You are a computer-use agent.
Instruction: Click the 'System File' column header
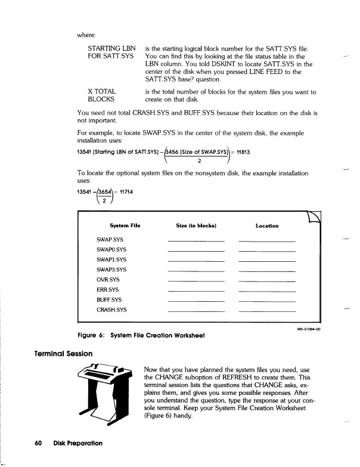125,225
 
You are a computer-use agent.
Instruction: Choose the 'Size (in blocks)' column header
196,225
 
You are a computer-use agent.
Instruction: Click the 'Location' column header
266,225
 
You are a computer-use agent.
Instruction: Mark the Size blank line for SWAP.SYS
196,242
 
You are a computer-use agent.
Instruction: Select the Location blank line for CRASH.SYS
266,311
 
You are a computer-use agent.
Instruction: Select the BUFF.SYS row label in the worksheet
108,299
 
